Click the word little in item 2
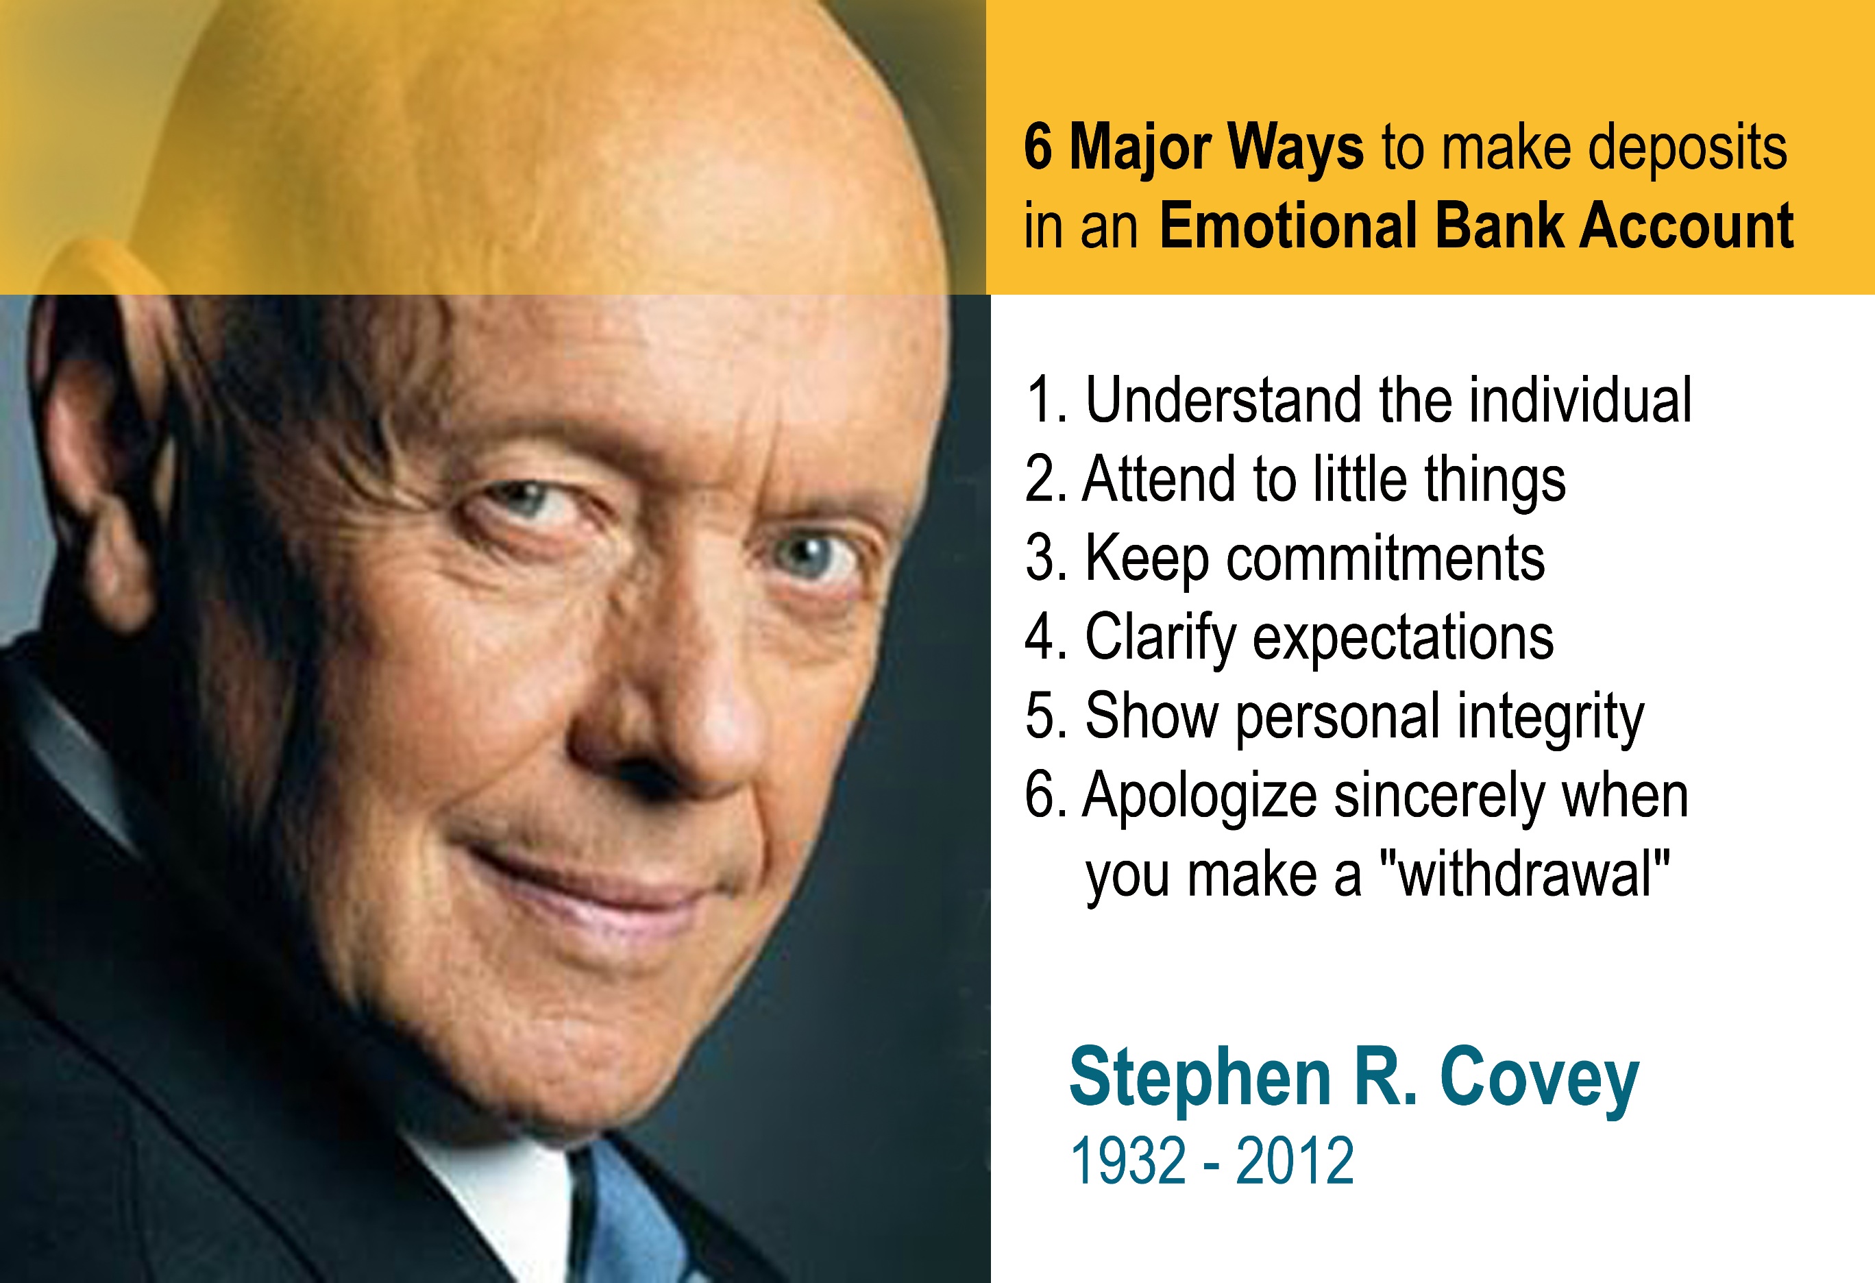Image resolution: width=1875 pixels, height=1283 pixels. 1361,478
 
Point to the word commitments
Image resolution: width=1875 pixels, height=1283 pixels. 1385,559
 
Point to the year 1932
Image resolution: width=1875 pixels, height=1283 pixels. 1128,1160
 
